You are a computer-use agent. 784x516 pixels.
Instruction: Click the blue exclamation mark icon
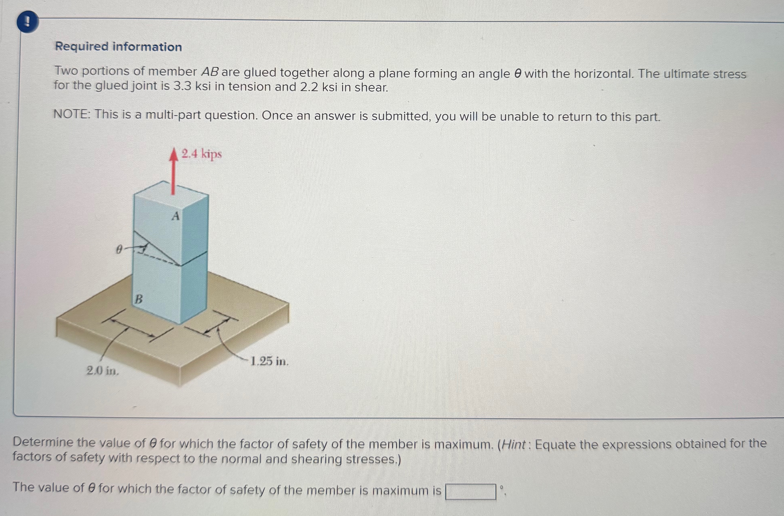[x=28, y=22]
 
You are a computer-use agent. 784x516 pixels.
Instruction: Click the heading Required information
[x=118, y=47]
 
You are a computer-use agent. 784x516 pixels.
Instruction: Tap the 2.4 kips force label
[x=202, y=154]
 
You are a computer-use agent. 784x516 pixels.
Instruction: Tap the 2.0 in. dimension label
[x=102, y=371]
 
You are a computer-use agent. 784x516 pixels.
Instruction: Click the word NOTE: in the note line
[x=72, y=114]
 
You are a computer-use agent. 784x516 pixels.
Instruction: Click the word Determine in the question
[x=44, y=443]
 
